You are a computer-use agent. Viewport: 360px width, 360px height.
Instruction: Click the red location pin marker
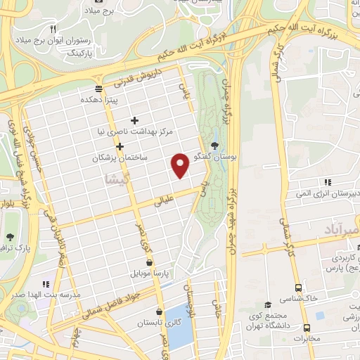(181, 165)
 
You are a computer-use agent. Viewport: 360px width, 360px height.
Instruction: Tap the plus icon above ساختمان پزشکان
(120, 147)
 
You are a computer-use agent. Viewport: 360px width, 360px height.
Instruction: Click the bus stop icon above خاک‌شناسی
(299, 288)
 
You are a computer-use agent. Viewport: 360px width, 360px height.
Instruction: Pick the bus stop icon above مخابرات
(307, 328)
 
